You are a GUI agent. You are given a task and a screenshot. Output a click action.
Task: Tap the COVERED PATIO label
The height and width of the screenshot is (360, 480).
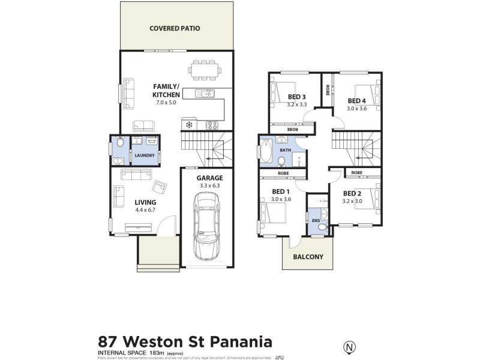pos(175,28)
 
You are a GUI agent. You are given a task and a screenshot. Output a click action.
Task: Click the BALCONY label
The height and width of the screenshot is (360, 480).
pos(308,257)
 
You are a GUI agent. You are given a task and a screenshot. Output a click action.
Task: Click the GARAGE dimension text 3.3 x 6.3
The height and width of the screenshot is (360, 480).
pos(209,186)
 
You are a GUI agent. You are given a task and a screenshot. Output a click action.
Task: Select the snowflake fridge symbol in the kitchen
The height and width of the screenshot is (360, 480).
pos(188,125)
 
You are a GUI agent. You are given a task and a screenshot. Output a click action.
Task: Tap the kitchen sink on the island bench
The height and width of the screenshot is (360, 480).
pos(206,93)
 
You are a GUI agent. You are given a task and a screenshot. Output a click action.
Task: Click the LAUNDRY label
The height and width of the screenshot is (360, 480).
pos(144,156)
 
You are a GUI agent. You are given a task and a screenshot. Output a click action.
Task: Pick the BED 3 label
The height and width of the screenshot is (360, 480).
pos(297,97)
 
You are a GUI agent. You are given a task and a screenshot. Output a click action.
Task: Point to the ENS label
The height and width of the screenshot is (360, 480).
pos(316,221)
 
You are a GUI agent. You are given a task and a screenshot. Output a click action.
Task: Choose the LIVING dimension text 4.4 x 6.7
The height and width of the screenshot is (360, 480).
pos(145,210)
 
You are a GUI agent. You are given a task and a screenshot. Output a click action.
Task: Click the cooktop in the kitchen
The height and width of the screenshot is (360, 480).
pos(212,125)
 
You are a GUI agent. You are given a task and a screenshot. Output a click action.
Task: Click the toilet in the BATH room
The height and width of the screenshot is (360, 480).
pos(281,160)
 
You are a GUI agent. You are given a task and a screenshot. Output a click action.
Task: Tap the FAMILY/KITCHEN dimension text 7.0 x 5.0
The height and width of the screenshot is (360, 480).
pos(166,103)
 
